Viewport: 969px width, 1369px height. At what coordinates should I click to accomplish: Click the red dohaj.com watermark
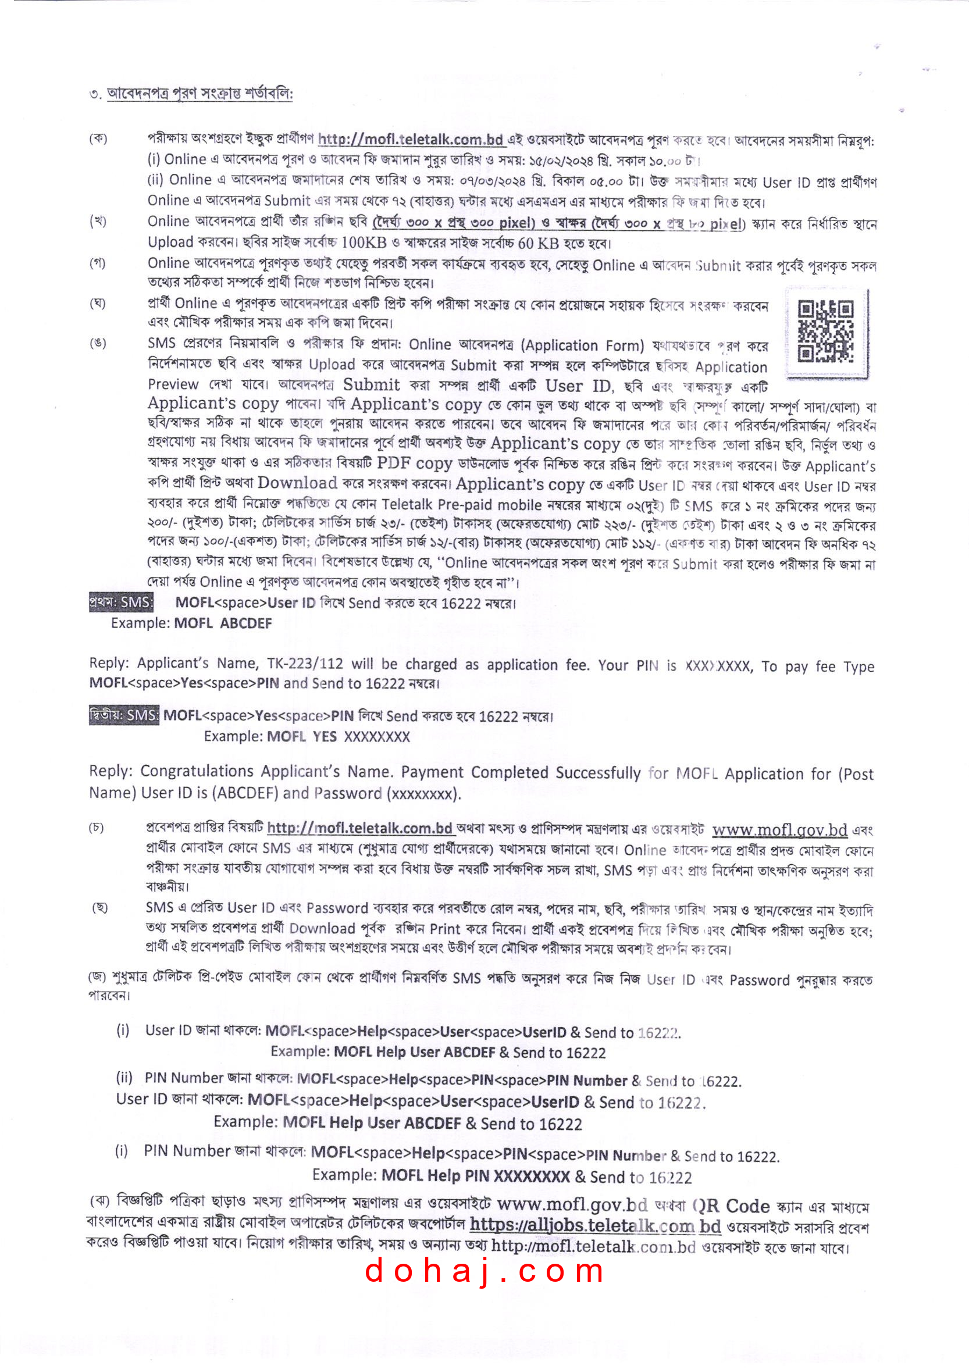(x=484, y=1270)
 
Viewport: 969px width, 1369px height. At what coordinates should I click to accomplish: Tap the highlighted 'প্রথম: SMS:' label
(x=121, y=602)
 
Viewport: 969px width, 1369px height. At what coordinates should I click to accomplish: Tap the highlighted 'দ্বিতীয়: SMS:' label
(x=124, y=715)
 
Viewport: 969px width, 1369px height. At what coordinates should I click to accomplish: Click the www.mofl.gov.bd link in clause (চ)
(x=779, y=830)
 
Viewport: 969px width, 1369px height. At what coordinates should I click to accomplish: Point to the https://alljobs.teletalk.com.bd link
(x=595, y=1226)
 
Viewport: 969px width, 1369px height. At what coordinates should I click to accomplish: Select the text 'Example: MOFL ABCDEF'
(x=191, y=623)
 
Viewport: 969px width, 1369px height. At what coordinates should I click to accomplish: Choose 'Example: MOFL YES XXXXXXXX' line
(x=307, y=737)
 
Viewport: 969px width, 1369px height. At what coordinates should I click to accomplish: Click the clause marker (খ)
(x=98, y=222)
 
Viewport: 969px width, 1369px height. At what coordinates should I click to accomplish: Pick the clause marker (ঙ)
(x=98, y=344)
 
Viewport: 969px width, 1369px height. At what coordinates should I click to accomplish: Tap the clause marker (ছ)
(x=99, y=907)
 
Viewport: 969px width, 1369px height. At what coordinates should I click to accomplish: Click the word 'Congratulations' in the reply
(x=197, y=771)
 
